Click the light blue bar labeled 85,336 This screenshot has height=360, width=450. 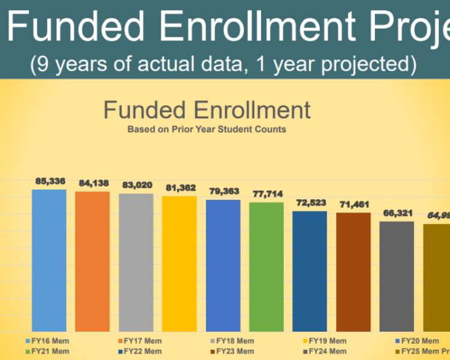49,260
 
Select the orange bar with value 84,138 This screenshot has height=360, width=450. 92,262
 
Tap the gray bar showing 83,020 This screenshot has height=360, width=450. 136,262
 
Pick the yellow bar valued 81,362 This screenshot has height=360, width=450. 179,263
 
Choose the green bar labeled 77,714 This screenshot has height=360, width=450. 266,266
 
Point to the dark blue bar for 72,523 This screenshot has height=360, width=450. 310,271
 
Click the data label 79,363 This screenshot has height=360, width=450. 223,191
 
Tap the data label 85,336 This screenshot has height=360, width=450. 49,181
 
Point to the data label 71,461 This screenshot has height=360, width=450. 353,205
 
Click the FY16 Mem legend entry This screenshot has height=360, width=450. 48,341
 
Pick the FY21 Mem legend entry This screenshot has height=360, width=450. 48,351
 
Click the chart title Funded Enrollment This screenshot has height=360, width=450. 207,110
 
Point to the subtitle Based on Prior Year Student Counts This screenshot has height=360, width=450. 207,129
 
